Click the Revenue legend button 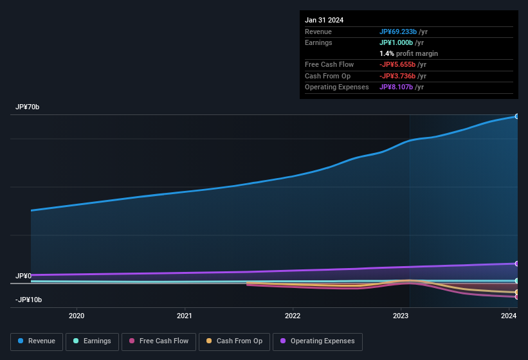pyautogui.click(x=37, y=341)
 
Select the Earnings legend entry pyautogui.click(x=91, y=341)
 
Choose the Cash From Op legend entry pyautogui.click(x=234, y=341)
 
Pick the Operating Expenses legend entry pyautogui.click(x=317, y=341)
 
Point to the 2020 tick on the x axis pyautogui.click(x=77, y=316)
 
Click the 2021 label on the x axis pyautogui.click(x=185, y=316)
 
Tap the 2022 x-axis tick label pyautogui.click(x=293, y=316)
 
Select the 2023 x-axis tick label pyautogui.click(x=401, y=316)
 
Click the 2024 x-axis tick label pyautogui.click(x=509, y=316)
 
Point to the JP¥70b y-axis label pyautogui.click(x=28, y=107)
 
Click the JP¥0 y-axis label pyautogui.click(x=24, y=276)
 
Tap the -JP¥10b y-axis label pyautogui.click(x=29, y=300)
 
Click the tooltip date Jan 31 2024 pyautogui.click(x=324, y=20)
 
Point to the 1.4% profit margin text pyautogui.click(x=408, y=53)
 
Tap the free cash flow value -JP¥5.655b pyautogui.click(x=397, y=64)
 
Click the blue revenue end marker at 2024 pyautogui.click(x=516, y=116)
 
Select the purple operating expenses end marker pyautogui.click(x=516, y=264)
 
